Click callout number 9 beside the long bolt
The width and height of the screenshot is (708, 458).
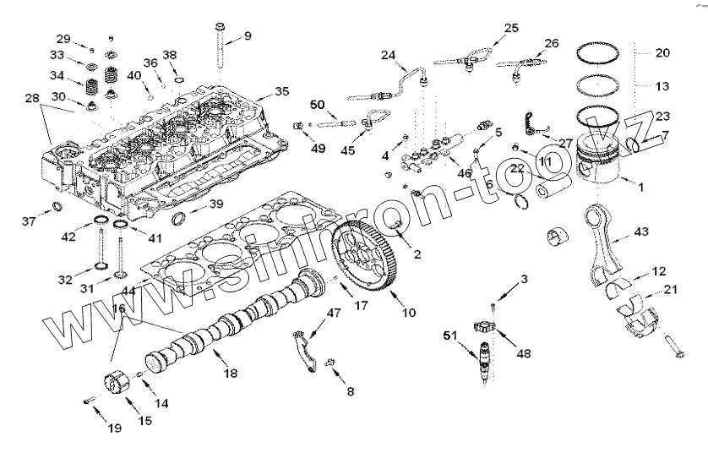click(x=248, y=35)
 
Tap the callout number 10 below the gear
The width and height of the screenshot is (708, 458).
click(x=409, y=313)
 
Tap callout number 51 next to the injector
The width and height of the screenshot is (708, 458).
click(x=449, y=335)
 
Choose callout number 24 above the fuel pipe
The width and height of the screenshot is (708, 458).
click(x=388, y=57)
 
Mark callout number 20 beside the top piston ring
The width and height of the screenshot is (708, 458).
click(x=662, y=52)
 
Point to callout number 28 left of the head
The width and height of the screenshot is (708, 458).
click(x=31, y=100)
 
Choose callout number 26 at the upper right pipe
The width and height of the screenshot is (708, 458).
click(x=551, y=42)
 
